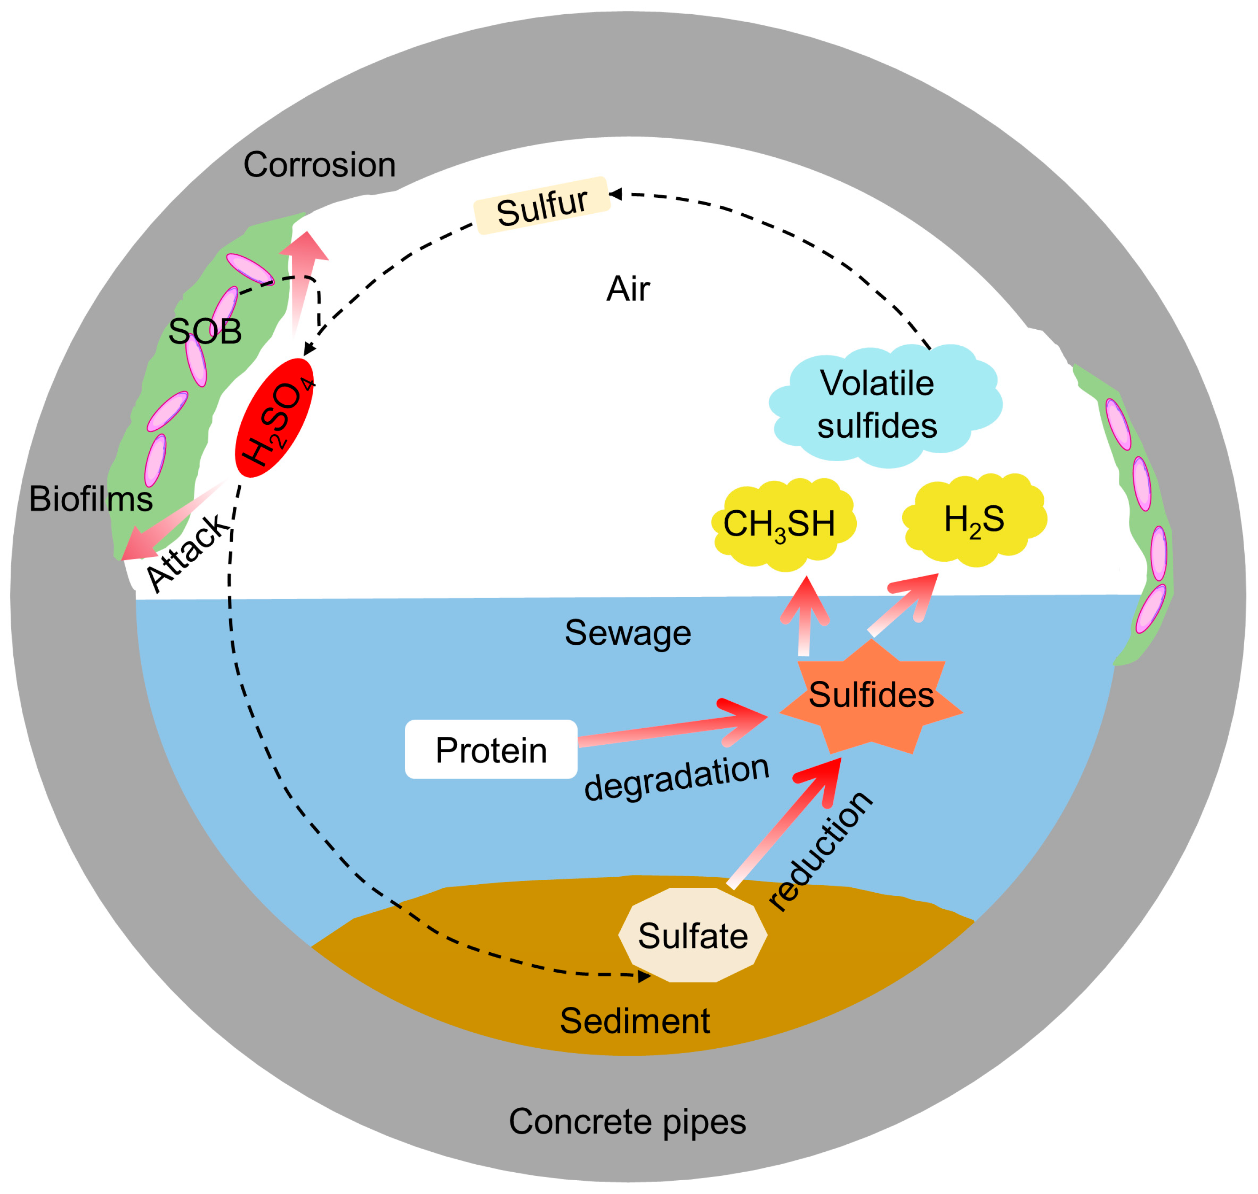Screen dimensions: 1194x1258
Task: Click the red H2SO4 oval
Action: [x=275, y=418]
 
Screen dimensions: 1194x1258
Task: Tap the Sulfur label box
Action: [x=542, y=206]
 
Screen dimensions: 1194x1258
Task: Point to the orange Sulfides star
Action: [x=871, y=696]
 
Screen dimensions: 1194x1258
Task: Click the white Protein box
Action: [x=491, y=750]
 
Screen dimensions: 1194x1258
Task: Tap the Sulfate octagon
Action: [x=693, y=935]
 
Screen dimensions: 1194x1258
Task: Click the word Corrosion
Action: [x=319, y=165]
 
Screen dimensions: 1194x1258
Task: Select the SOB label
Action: [x=205, y=331]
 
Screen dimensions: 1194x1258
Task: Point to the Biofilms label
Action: [x=91, y=499]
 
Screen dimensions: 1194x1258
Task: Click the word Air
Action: [x=628, y=290]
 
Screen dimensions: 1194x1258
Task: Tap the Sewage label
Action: [x=627, y=633]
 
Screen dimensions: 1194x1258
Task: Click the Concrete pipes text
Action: [x=627, y=1122]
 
